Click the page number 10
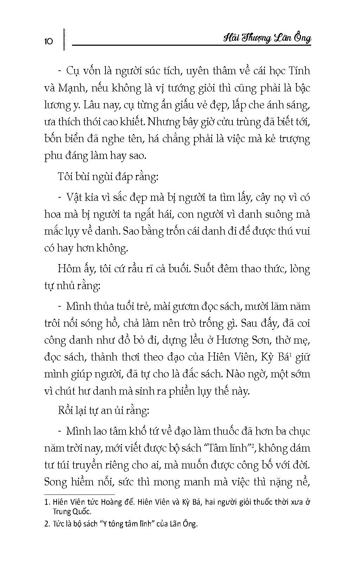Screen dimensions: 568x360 [x=49, y=42]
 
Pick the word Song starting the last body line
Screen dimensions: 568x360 [x=56, y=481]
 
